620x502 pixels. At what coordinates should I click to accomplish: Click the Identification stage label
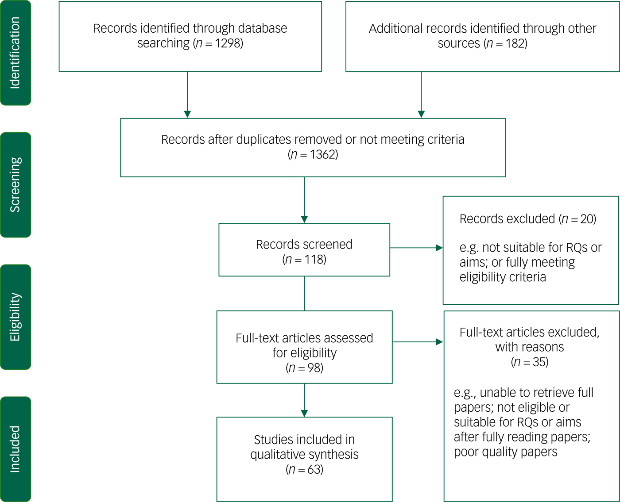15,53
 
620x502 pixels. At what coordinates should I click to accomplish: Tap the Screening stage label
15,185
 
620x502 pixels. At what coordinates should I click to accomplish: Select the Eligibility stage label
15,317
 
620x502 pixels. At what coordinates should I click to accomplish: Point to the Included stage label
15,449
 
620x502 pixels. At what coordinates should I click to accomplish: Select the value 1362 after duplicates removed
323,154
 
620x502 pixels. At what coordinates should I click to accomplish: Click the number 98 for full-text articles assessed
314,368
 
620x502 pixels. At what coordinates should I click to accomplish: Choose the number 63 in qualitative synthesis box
314,469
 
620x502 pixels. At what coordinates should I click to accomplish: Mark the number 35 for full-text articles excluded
539,362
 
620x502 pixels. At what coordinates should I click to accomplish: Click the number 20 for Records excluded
587,219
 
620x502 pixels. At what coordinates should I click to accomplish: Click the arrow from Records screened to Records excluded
416,248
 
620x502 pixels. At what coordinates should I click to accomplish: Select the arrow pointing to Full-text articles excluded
417,342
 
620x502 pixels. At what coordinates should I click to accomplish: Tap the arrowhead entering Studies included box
304,413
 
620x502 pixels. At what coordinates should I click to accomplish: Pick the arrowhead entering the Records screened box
304,219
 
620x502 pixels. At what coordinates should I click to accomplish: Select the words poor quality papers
505,452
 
